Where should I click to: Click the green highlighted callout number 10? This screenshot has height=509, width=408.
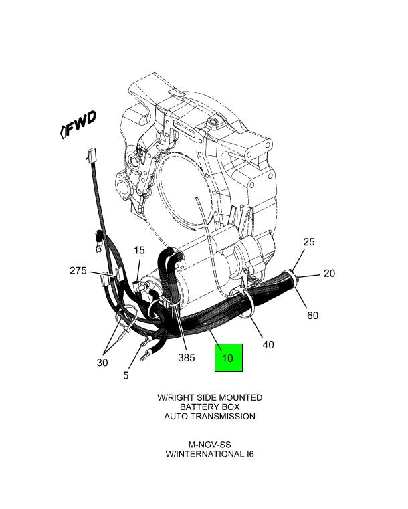tap(227, 358)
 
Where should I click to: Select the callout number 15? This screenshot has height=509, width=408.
tap(138, 251)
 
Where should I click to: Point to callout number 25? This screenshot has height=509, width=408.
tap(309, 242)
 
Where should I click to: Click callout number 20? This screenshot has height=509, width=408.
tap(329, 273)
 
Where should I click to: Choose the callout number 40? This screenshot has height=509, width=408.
tap(268, 345)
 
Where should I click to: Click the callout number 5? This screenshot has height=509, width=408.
tap(126, 375)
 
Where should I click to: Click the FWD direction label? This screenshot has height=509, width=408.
tap(80, 124)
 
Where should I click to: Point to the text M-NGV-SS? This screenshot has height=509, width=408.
tap(209, 444)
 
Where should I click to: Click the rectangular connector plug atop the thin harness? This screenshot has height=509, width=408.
tap(90, 158)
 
